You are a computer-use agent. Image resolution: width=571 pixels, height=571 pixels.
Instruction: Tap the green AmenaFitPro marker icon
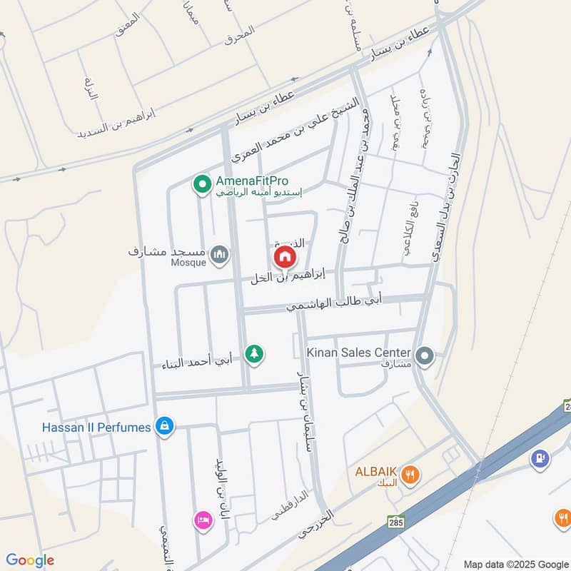[201, 185]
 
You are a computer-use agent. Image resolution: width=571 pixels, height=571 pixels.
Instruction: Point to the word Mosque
[188, 263]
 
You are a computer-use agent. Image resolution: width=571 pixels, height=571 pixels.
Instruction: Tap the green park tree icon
[254, 353]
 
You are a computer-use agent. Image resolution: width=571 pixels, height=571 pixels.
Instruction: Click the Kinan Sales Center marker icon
[425, 354]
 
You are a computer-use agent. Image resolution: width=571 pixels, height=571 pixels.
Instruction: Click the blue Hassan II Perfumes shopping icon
[165, 427]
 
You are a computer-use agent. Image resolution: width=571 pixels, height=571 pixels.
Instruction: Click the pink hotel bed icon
[202, 520]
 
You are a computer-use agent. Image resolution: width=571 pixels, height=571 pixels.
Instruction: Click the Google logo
[29, 560]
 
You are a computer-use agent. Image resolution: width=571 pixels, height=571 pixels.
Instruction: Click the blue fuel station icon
[541, 457]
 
